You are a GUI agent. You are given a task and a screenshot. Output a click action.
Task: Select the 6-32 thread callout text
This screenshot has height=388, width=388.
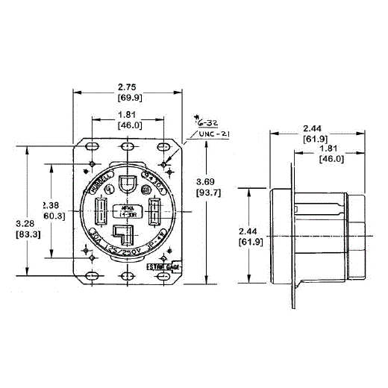204,120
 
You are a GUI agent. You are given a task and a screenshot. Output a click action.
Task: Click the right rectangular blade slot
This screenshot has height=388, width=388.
156,213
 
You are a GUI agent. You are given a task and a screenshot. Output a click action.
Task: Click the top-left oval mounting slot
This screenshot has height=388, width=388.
90,146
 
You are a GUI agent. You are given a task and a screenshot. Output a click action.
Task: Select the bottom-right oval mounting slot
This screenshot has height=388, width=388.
164,276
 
